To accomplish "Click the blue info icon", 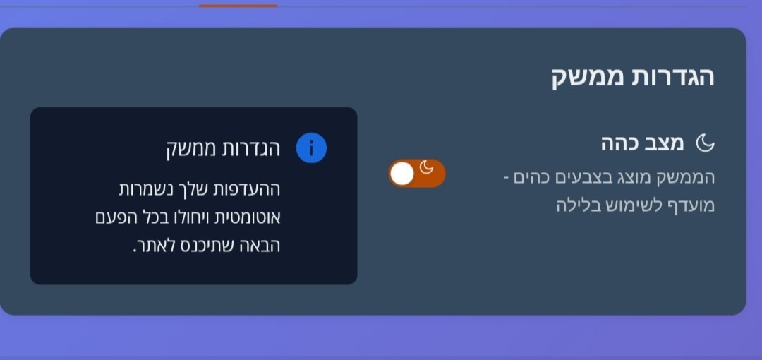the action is click(312, 148).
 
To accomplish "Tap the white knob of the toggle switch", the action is click(402, 174).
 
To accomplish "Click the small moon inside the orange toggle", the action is click(426, 167).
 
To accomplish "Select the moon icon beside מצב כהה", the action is click(705, 143).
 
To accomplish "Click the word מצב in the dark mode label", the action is click(666, 143).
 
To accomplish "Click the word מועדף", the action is click(691, 204).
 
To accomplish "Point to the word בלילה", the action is click(576, 205).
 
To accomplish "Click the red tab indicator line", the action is click(238, 6).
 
